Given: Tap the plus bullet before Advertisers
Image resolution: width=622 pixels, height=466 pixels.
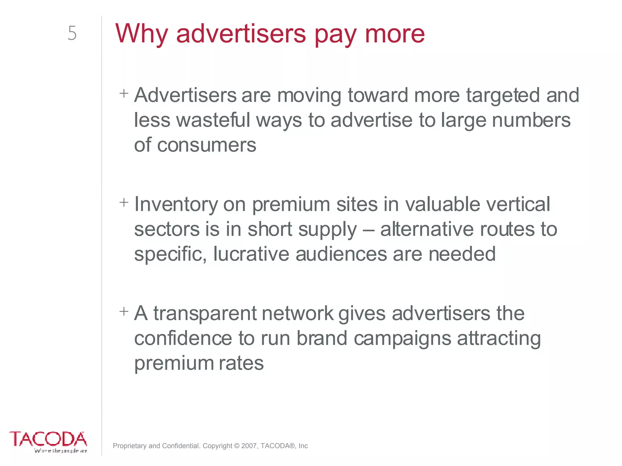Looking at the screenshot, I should (x=124, y=93).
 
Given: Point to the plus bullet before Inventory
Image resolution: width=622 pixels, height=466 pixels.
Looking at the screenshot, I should (x=124, y=202).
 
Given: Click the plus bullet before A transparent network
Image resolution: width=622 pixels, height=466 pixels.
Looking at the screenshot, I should (x=124, y=311).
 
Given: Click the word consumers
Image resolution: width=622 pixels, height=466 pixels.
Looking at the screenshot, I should (x=207, y=145).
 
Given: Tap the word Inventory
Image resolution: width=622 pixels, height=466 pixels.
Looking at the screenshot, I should (x=176, y=205).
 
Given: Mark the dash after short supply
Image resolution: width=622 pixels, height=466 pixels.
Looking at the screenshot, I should (x=368, y=230).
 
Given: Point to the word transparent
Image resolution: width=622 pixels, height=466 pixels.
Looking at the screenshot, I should (x=205, y=314).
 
